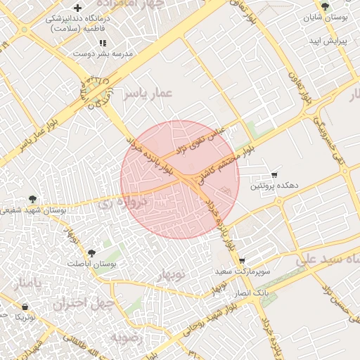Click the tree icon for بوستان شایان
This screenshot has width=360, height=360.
(323, 6)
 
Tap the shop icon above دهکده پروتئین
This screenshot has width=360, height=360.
(274, 174)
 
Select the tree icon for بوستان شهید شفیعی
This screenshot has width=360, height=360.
(32, 199)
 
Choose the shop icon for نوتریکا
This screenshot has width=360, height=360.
(25, 307)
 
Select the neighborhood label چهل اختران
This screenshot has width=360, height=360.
(78, 304)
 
